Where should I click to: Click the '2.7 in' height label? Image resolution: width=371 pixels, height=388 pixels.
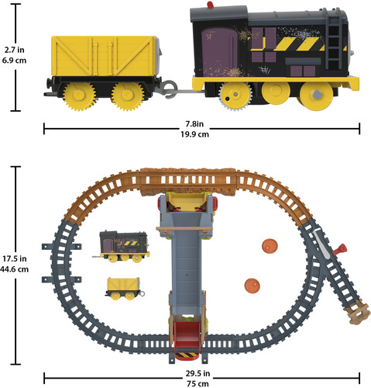pyautogui.click(x=15, y=50)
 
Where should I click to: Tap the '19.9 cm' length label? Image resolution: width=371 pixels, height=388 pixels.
pyautogui.click(x=194, y=134)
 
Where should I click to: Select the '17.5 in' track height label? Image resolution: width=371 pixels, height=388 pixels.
pyautogui.click(x=15, y=258)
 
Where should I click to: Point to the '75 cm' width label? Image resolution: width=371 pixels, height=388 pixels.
pyautogui.click(x=198, y=384)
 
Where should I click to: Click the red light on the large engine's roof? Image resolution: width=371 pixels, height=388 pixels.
pyautogui.click(x=210, y=5)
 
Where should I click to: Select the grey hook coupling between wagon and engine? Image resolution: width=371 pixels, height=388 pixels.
pyautogui.click(x=170, y=89)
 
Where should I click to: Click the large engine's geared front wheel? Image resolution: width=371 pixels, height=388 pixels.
pyautogui.click(x=235, y=95)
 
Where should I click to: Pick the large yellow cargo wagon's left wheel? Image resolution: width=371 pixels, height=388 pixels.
pyautogui.click(x=79, y=95)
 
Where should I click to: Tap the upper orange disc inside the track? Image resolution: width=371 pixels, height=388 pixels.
pyautogui.click(x=270, y=246)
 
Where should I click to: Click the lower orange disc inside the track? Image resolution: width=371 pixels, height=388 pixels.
pyautogui.click(x=252, y=286)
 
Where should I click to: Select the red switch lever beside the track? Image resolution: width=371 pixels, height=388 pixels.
pyautogui.click(x=340, y=249)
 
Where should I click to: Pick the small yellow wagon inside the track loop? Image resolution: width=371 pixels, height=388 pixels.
pyautogui.click(x=125, y=289)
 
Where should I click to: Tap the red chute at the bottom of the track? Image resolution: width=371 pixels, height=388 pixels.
pyautogui.click(x=187, y=340)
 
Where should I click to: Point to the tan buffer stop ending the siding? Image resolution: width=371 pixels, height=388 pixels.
pyautogui.click(x=358, y=313)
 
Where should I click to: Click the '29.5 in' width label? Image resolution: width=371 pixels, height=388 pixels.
pyautogui.click(x=198, y=373)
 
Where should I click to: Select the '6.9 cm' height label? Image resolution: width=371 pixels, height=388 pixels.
pyautogui.click(x=15, y=61)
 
